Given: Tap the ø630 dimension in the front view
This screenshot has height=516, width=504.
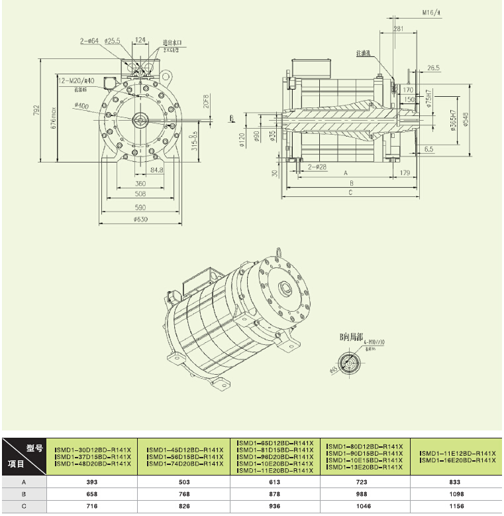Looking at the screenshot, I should point(140,220).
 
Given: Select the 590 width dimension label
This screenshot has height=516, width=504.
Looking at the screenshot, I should point(140,208).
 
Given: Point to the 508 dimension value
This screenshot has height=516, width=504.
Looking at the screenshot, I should point(140,195).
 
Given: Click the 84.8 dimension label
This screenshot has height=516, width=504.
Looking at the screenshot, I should point(156,170).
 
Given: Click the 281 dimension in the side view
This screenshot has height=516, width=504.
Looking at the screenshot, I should point(398,29).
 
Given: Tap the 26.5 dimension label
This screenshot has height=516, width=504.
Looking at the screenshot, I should point(434,68).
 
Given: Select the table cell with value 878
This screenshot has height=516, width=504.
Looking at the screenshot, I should point(277,495).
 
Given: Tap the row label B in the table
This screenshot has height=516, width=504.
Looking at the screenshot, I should point(24,495).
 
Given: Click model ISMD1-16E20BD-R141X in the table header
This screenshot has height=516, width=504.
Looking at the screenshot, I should point(458,460).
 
